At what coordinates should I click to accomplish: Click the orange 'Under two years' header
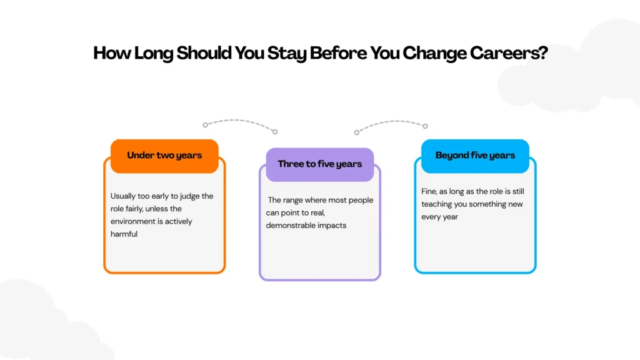point(164,156)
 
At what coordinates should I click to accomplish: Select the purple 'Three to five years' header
point(320,164)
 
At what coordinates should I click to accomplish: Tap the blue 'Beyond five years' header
point(475,156)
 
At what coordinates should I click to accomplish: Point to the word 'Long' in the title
point(154,54)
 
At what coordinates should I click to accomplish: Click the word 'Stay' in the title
point(286,54)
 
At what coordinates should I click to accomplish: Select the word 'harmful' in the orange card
point(124,234)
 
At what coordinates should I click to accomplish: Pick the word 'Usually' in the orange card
point(123,196)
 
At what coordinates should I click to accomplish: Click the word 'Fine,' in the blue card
point(429,191)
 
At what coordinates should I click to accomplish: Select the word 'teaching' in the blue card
point(436,204)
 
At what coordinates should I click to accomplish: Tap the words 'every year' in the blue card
point(439,217)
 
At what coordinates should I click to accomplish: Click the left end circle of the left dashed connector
point(205,125)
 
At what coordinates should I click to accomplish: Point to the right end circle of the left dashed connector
point(275,132)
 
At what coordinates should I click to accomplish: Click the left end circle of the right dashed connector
point(357,132)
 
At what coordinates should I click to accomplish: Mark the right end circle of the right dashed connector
point(425,126)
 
